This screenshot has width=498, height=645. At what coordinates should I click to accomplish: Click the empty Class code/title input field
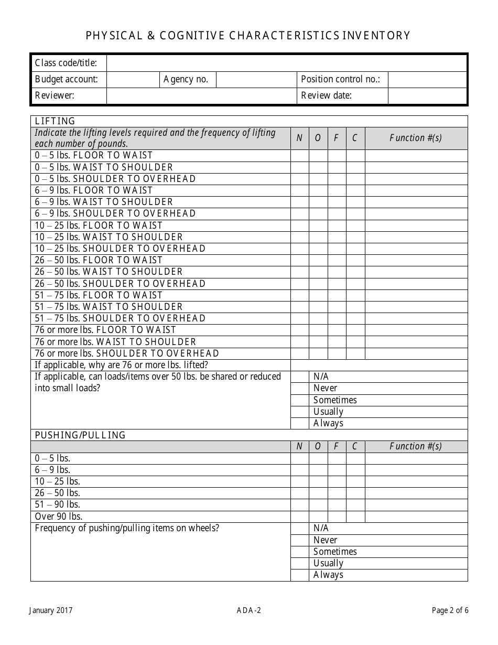point(286,63)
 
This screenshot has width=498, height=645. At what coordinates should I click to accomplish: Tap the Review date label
point(325,95)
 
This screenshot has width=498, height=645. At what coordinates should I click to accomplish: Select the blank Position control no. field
point(427,79)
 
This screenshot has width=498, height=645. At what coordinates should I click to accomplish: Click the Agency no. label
point(186,79)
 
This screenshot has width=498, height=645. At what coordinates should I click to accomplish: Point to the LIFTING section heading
point(55,121)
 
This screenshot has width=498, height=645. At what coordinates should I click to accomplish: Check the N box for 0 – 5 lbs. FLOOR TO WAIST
point(299,155)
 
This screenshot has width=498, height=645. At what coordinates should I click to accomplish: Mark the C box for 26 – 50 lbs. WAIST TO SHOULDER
point(355,272)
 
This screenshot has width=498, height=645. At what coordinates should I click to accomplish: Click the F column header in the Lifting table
point(336,138)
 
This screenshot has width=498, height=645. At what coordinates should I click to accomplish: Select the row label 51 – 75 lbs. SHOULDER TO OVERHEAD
point(120,318)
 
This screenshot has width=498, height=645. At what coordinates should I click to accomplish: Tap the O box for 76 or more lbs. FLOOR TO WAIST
point(318,330)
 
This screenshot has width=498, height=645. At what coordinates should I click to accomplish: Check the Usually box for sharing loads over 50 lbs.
point(299,412)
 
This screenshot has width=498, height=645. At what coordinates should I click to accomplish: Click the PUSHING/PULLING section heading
point(80,435)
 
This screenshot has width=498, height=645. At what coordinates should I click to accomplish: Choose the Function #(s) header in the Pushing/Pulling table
point(415,446)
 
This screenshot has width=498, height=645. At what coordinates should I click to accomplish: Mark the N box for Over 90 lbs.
point(299,517)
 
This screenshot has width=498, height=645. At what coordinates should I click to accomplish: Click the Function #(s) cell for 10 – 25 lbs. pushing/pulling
point(415,481)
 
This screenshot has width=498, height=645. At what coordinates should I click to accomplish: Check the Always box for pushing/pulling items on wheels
point(299,575)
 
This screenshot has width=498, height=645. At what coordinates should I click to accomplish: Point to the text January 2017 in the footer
point(50,610)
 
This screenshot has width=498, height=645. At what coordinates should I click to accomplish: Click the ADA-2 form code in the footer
point(248,610)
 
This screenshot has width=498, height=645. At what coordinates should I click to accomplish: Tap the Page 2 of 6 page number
point(450,610)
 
